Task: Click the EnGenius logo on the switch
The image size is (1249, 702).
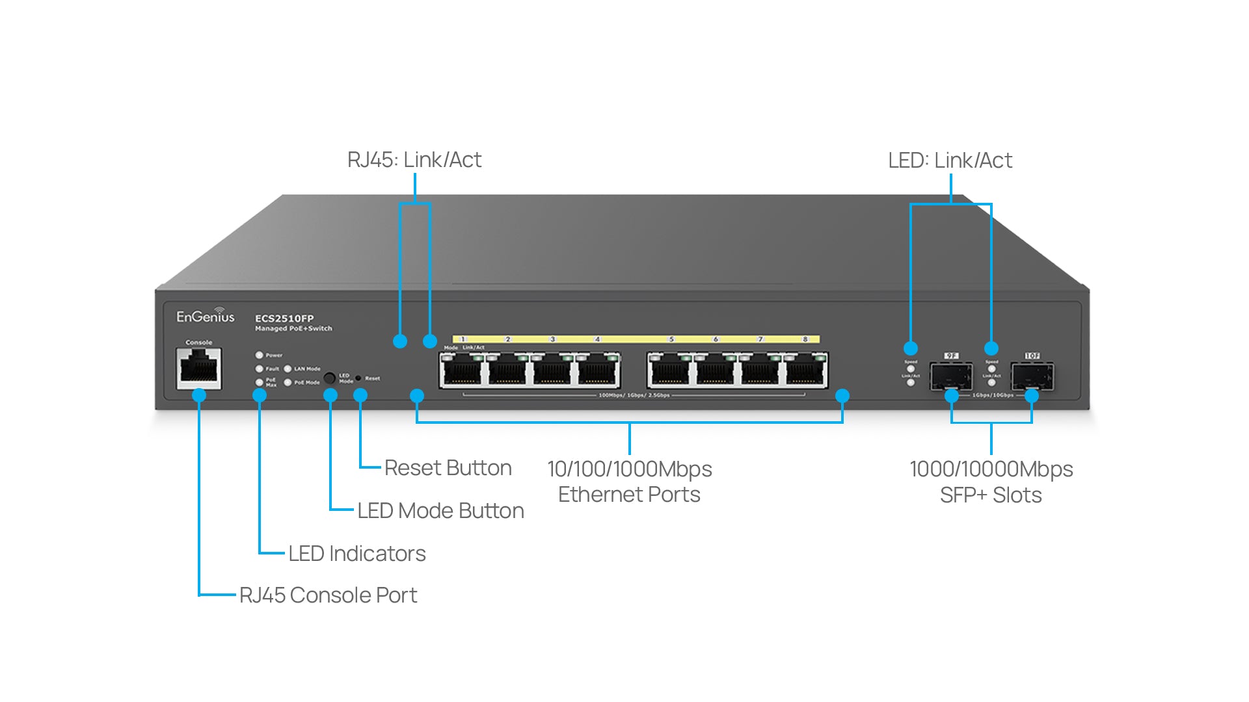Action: tap(205, 317)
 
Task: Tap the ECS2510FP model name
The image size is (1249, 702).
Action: tap(284, 318)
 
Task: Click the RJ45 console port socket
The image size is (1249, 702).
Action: tap(199, 369)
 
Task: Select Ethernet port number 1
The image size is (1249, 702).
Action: tap(463, 372)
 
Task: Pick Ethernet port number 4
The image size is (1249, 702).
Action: tap(598, 372)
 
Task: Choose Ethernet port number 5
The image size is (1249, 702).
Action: tap(669, 372)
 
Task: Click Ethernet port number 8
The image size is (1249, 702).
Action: tap(805, 372)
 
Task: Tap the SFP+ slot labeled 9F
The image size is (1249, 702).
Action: tap(951, 376)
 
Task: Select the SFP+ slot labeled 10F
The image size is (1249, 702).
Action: tap(1032, 376)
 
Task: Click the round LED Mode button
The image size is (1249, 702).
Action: tap(330, 378)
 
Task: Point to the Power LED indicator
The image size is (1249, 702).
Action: tap(260, 355)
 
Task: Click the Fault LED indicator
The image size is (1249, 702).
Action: tap(260, 369)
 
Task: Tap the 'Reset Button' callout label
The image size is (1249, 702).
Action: tap(448, 468)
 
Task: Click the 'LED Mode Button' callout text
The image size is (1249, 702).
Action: tap(440, 511)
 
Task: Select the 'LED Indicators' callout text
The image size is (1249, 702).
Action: tap(356, 554)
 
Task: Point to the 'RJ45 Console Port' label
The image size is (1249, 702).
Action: tap(328, 595)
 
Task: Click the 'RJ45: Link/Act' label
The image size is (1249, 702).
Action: tap(414, 160)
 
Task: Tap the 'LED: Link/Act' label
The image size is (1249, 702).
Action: tap(950, 161)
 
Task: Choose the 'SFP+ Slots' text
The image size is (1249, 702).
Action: tap(990, 495)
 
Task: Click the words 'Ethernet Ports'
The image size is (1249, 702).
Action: tap(629, 495)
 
